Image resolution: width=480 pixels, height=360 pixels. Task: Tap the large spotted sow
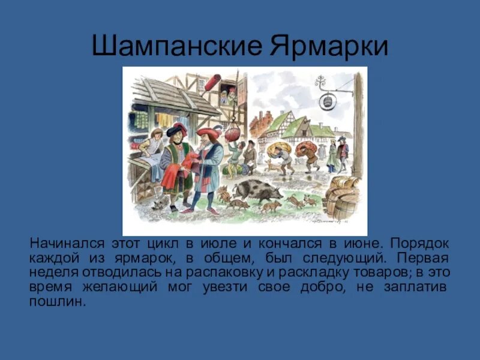coord(257,191)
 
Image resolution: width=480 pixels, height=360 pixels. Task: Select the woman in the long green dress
coord(332,155)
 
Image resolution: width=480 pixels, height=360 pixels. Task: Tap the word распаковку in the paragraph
coord(226,272)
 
